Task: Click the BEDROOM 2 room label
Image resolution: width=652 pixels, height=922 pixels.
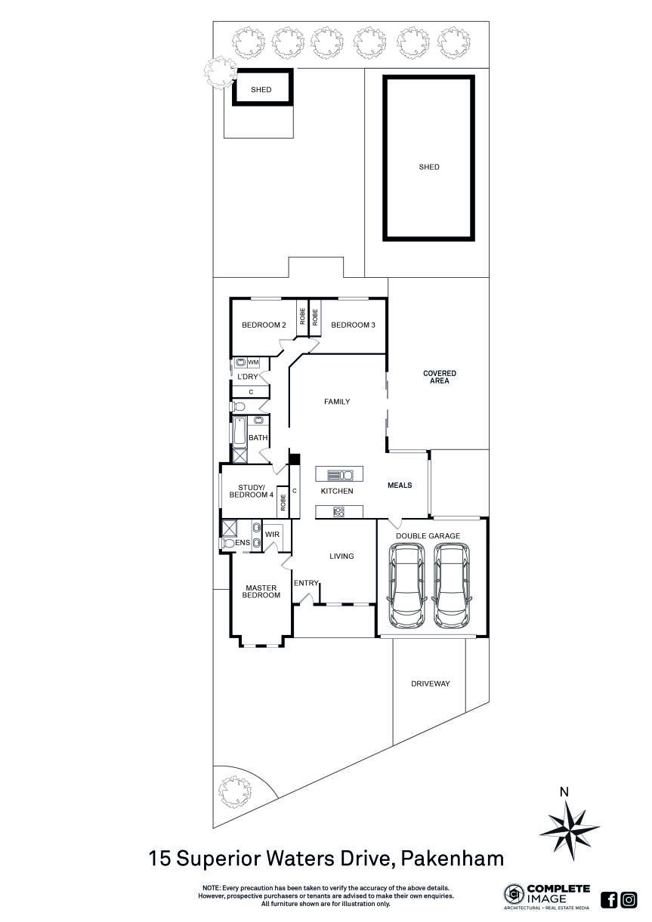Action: pos(264,325)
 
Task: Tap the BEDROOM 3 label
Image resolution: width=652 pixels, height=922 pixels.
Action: pos(353,325)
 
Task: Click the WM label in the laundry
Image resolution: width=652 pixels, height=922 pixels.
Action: pos(253,362)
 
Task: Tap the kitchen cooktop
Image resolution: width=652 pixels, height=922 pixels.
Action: pos(338,512)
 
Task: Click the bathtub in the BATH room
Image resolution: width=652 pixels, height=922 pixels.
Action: pos(239,432)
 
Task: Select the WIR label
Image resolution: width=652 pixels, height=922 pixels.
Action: pos(272,535)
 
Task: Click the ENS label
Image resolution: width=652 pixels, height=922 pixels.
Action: pos(243,542)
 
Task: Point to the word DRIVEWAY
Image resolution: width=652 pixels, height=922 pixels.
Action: pos(431,683)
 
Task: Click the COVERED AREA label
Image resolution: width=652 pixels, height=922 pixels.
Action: pos(440,377)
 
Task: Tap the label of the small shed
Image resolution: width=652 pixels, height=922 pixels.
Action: pos(261,89)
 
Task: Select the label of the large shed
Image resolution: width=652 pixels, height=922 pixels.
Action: pos(429,167)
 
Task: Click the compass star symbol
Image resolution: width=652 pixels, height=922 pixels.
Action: pos(569,831)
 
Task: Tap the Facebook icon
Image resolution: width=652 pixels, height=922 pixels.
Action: pos(608,899)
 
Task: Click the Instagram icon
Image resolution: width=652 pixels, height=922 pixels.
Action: pos(629,899)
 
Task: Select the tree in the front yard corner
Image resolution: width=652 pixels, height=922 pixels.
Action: pos(234,792)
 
